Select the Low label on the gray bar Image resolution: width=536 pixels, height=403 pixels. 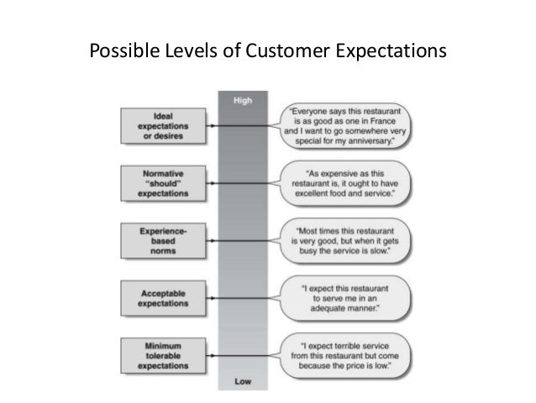[244, 381]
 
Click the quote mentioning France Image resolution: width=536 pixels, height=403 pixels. [348, 125]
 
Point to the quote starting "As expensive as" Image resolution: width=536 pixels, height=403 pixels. [348, 182]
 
